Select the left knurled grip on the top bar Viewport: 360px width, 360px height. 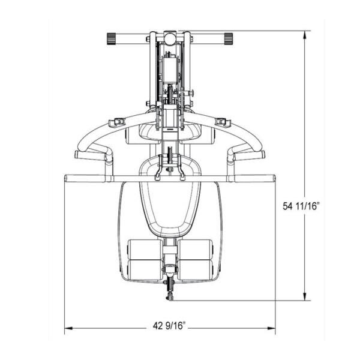tap(112, 38)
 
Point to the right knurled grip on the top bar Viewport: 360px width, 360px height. tap(229, 38)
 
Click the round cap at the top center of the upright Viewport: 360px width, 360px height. tap(170, 38)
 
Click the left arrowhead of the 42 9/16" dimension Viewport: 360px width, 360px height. tap(68, 328)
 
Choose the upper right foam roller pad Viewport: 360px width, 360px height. tap(197, 249)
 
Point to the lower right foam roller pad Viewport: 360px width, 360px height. tap(197, 268)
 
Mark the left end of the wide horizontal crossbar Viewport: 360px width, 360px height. tap(67, 178)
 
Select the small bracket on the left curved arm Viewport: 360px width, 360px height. tap(116, 123)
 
